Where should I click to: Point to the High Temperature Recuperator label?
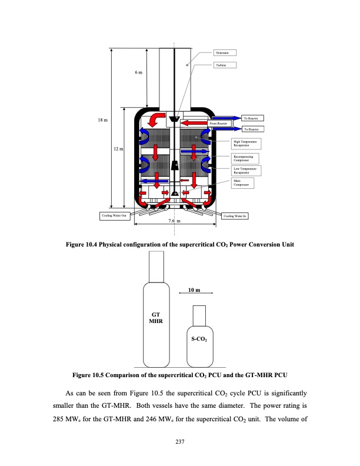click(x=245, y=143)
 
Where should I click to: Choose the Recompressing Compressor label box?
click(x=245, y=158)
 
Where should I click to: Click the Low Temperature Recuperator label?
click(x=245, y=171)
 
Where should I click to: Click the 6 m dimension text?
click(x=138, y=72)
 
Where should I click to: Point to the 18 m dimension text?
click(x=102, y=121)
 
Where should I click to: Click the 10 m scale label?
click(x=194, y=290)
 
